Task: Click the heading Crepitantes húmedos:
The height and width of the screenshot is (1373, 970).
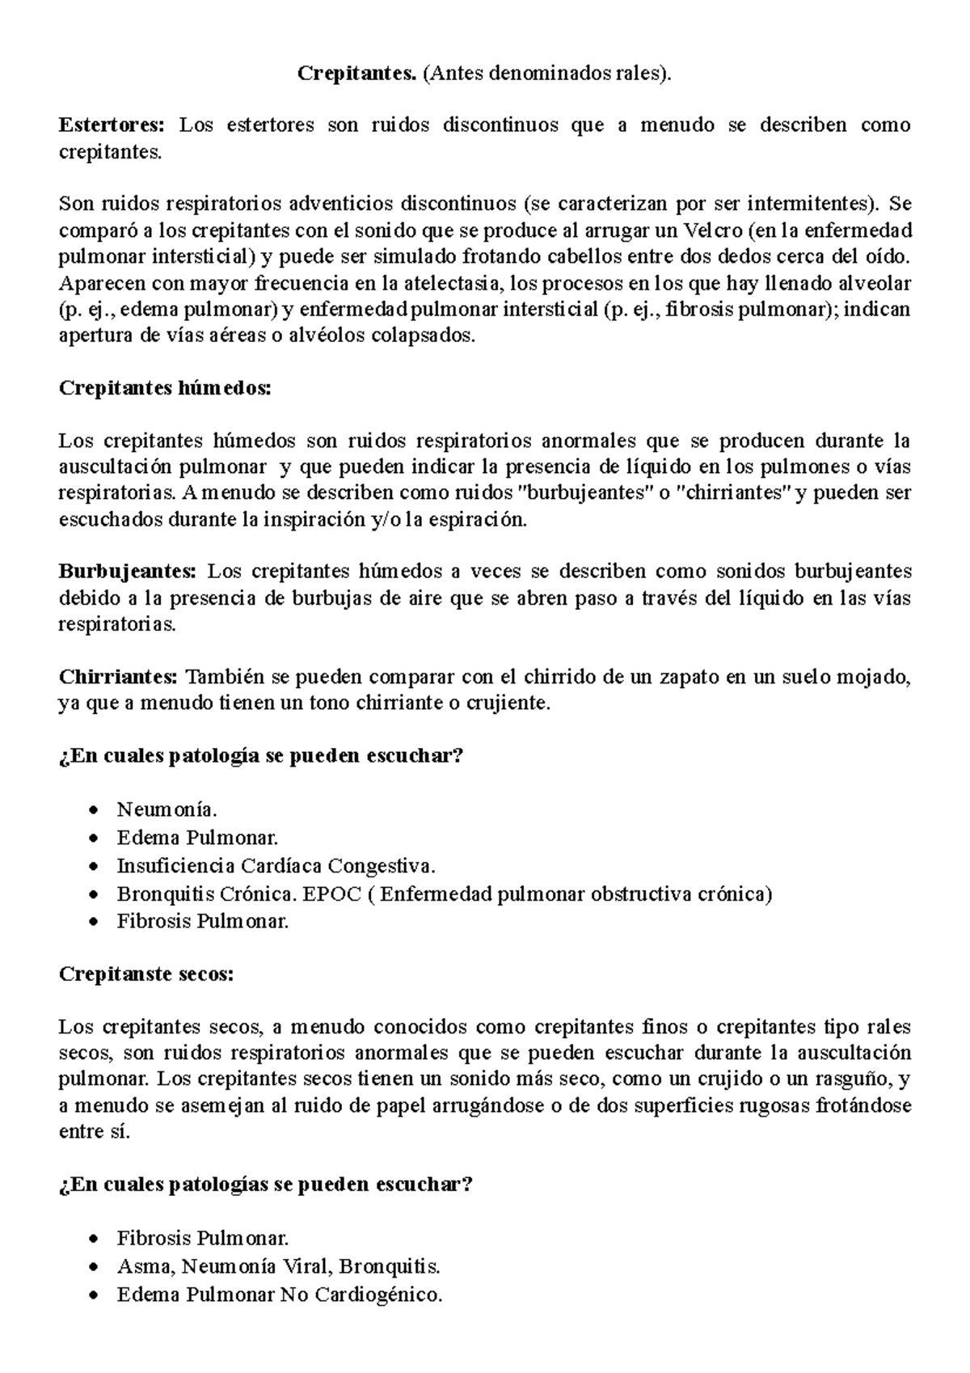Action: coord(166,388)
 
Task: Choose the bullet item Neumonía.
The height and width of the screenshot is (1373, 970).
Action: coord(167,809)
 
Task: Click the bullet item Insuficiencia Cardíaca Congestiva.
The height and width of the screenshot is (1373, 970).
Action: coord(276,866)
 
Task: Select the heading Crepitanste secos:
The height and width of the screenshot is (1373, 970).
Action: coord(146,974)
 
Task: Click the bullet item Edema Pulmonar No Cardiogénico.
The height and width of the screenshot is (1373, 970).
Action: coord(280,1295)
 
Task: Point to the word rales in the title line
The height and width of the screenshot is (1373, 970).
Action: coord(639,74)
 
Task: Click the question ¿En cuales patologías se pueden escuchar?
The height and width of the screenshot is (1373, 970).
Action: coord(266,1185)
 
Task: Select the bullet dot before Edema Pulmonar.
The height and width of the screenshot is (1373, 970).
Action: coord(96,839)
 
